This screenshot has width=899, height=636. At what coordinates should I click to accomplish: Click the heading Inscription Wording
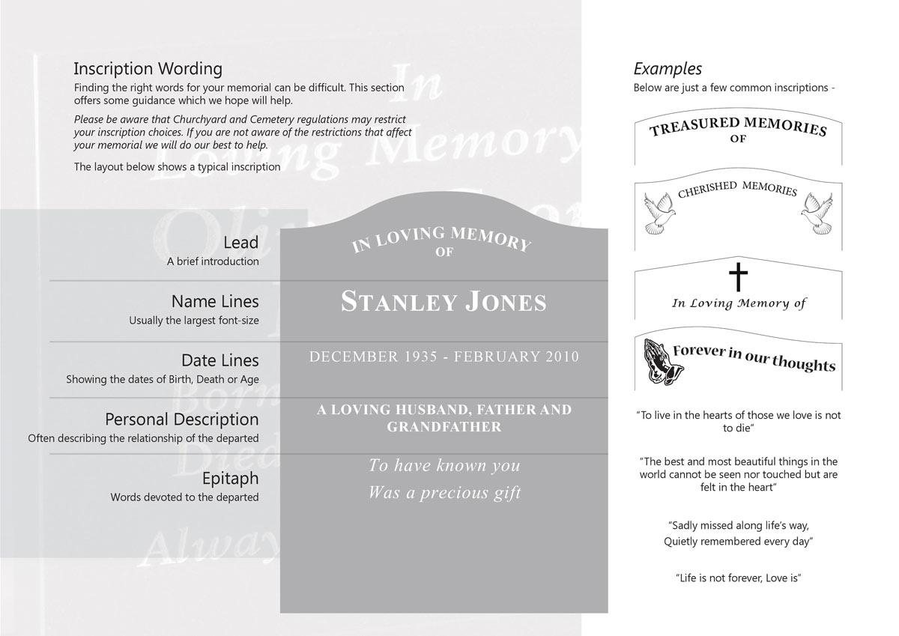click(148, 69)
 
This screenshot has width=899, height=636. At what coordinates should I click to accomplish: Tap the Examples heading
click(668, 69)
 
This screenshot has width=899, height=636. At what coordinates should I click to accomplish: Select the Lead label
click(240, 243)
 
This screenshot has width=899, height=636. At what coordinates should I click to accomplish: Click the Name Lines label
click(215, 301)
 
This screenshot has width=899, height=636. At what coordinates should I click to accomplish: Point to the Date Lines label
click(220, 360)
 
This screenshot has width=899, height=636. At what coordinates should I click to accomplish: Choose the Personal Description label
click(181, 420)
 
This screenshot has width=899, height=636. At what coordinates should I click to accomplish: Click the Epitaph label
click(230, 478)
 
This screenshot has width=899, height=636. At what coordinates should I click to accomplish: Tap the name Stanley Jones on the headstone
click(444, 302)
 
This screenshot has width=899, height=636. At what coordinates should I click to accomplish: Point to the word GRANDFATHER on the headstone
click(444, 427)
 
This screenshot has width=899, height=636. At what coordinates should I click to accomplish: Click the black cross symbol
click(738, 277)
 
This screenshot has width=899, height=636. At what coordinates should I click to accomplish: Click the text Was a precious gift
click(444, 493)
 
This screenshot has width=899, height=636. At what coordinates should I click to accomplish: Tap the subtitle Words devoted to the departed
click(184, 497)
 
